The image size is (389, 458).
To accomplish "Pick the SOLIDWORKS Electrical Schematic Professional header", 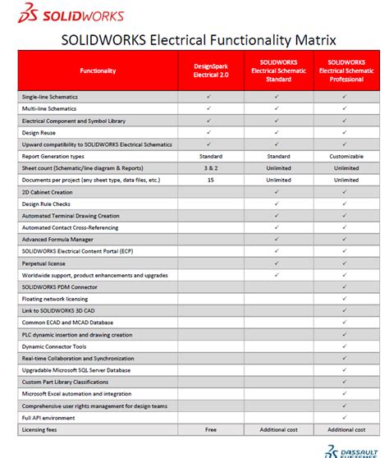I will click(346, 71).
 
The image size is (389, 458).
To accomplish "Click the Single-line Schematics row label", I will click(49, 96).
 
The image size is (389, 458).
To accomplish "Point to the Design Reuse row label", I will click(40, 132).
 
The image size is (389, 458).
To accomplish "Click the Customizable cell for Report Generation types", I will click(346, 156).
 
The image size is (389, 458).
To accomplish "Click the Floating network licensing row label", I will click(57, 299).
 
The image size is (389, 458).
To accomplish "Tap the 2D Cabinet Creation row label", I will click(50, 191).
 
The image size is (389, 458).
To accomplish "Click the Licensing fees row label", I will click(40, 430).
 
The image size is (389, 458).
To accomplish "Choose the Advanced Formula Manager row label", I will click(57, 239).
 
